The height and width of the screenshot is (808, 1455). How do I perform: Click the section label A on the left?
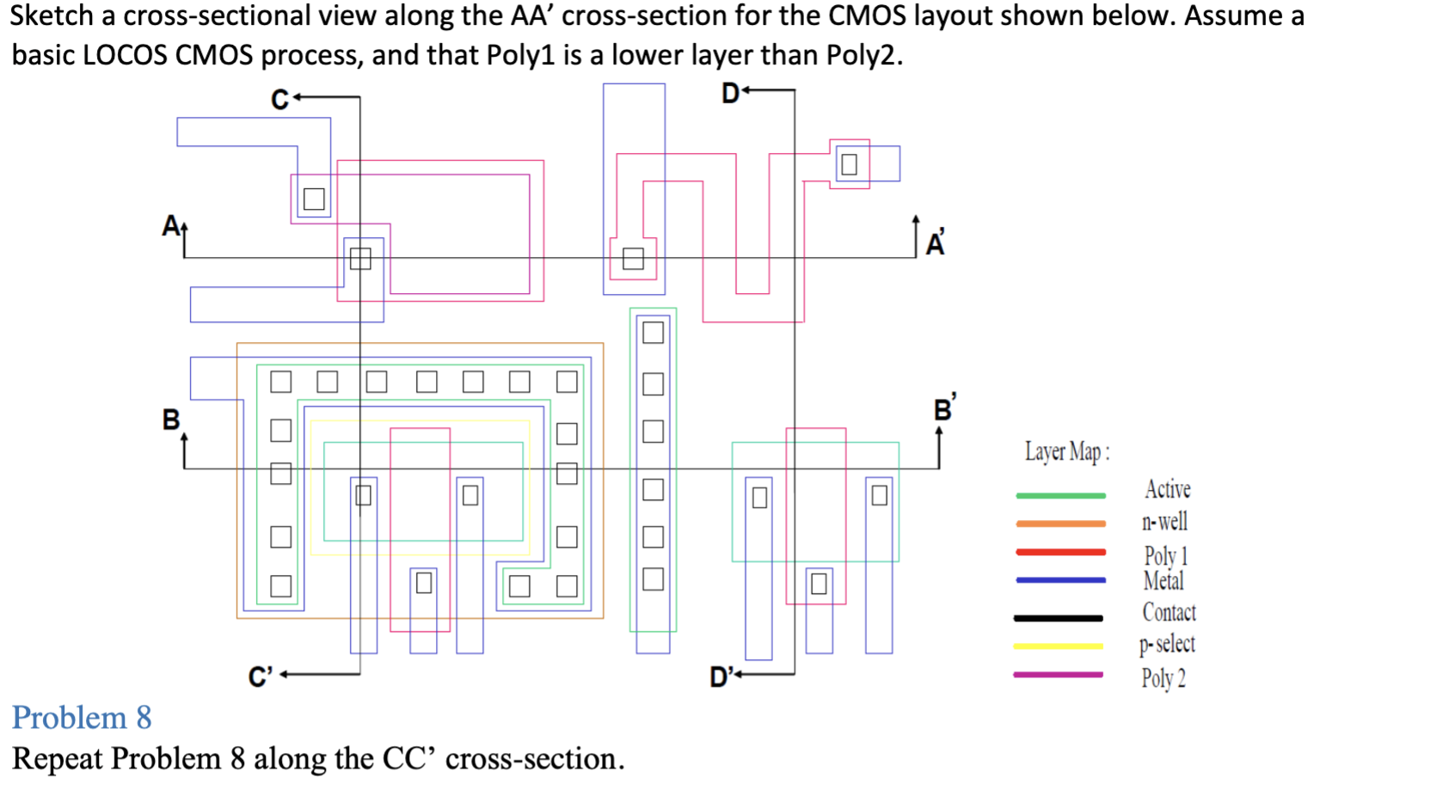(170, 225)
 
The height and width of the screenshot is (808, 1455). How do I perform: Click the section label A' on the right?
(936, 243)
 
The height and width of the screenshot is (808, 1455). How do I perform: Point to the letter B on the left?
(170, 419)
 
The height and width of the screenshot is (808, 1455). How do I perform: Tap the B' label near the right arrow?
(944, 408)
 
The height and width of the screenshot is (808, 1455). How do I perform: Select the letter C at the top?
(279, 100)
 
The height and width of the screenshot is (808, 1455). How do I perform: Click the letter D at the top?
(729, 93)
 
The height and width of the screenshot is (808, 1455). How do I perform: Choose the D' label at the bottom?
(721, 677)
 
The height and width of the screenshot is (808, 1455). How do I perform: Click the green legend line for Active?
(1060, 495)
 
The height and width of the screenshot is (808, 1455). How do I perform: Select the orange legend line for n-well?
(1060, 523)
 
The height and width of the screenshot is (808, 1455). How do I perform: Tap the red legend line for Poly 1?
(1060, 552)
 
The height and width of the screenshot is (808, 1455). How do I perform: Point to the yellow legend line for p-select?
(1058, 646)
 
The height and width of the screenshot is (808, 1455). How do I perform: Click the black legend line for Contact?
(1058, 617)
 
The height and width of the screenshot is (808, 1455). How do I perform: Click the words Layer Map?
(1066, 451)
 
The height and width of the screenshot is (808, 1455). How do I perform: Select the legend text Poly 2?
(1163, 678)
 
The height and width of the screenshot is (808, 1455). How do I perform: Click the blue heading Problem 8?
(82, 718)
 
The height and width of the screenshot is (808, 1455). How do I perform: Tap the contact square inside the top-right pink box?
(849, 164)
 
